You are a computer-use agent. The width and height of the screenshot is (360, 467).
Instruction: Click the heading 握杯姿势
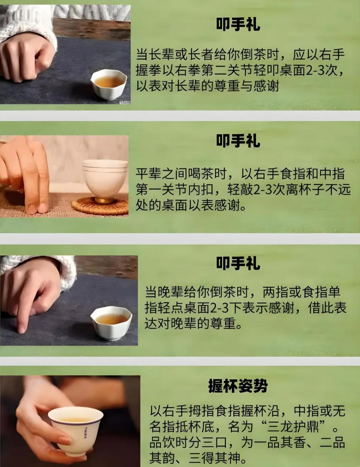[238, 386]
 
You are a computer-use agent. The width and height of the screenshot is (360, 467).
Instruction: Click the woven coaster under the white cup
[100, 206]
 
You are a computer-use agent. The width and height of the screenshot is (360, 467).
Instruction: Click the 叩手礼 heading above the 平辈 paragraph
[238, 141]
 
